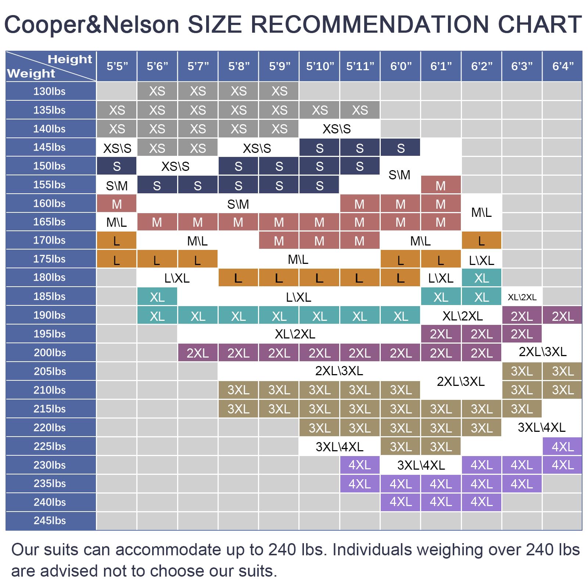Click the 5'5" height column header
click(117, 67)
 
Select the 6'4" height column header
click(563, 67)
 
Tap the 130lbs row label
click(50, 91)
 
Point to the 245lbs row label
click(50, 521)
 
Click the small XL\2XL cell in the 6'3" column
click(522, 297)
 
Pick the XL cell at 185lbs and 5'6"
click(157, 297)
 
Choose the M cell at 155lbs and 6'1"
click(440, 186)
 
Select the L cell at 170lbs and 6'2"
click(481, 241)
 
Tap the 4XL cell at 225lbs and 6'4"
click(563, 447)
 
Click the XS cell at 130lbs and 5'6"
click(157, 91)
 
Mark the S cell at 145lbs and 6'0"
click(400, 148)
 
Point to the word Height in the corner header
click(70, 59)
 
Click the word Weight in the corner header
click(31, 73)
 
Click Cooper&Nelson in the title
click(92, 24)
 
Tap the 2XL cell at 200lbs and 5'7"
click(197, 353)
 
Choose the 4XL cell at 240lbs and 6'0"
click(400, 502)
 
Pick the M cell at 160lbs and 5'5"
click(117, 204)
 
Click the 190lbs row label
click(50, 315)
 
